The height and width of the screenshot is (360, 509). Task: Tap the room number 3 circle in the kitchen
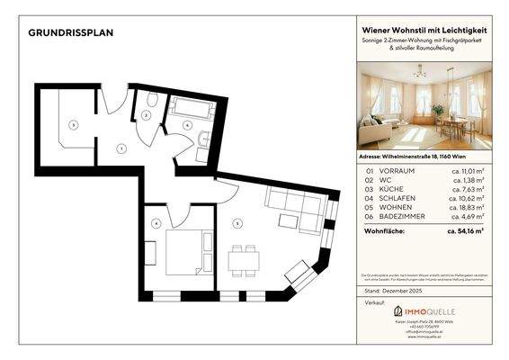coord(75,124)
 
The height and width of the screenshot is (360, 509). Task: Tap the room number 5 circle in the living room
coord(238,223)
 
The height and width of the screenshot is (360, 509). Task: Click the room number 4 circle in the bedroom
coord(156,223)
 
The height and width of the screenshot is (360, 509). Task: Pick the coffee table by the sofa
coord(289,220)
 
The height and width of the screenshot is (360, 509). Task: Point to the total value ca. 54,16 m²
coord(465,230)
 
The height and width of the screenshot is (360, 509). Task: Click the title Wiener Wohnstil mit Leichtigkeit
coord(421,31)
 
